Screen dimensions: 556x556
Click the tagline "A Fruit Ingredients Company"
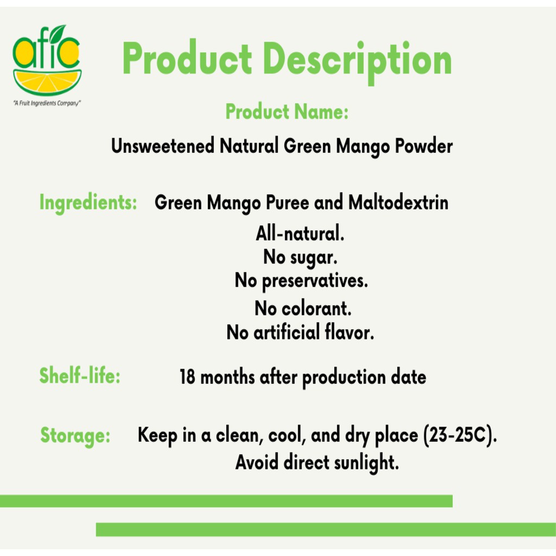coord(47,103)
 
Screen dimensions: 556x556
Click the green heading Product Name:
coord(287,112)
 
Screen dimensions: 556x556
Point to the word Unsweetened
coord(163,146)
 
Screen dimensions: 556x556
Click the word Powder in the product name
coord(424,146)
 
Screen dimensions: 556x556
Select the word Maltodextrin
coord(399,203)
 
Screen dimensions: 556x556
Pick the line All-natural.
coord(300,233)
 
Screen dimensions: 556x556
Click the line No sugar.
coord(300,257)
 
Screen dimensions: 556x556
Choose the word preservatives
coord(315,281)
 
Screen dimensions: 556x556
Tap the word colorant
coord(317,308)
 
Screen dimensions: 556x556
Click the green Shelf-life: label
coord(80,376)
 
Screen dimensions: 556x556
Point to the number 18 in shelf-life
coord(187,377)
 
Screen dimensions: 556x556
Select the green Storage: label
coord(75,435)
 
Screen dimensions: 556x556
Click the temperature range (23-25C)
coord(460,435)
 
